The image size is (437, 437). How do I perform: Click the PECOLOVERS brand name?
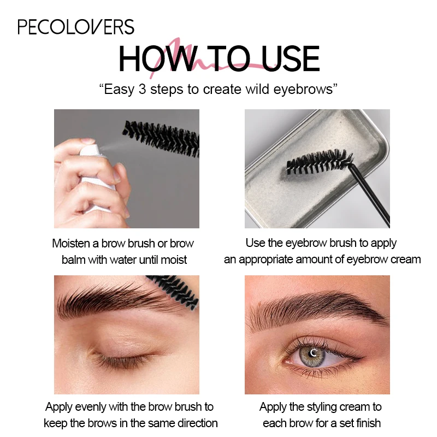(x=76, y=27)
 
